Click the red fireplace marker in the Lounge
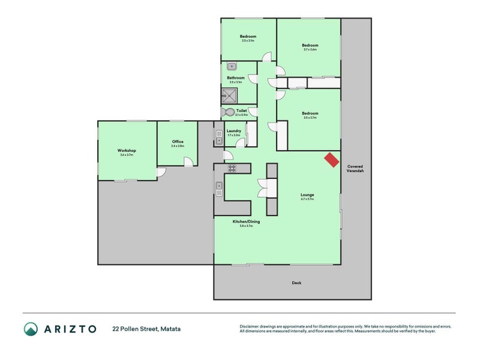coord(331,159)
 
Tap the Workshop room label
coord(127,151)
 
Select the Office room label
coord(178,142)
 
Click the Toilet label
coord(242,110)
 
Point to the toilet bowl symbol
coord(228,112)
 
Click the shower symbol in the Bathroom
coord(229,94)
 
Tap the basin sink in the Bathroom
coord(237,66)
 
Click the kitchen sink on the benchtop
coord(220,190)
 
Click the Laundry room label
coord(234,131)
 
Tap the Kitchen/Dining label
coord(246,222)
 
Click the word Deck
coord(296,283)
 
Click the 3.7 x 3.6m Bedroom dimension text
coord(310,49)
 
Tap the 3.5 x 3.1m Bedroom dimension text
coord(248,40)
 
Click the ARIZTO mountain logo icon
coord(31,329)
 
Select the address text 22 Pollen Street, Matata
coord(146,329)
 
